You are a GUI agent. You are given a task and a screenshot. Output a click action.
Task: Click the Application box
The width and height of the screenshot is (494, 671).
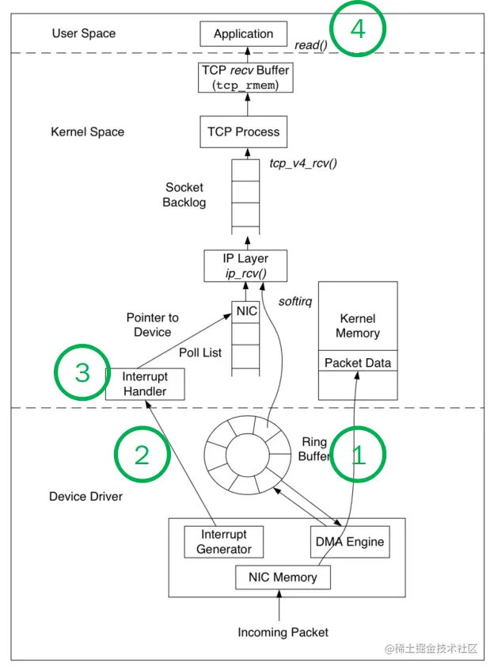tap(243, 34)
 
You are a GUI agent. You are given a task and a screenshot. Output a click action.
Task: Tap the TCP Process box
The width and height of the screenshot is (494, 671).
tap(243, 132)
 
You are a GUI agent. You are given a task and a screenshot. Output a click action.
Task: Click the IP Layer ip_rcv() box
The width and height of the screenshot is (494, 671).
tap(246, 265)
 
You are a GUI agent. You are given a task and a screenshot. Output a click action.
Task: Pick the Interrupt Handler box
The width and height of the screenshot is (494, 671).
tap(144, 383)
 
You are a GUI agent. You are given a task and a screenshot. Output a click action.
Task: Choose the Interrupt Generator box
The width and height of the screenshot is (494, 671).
tap(224, 542)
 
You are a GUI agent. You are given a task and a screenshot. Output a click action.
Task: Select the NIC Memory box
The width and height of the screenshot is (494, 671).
tap(283, 578)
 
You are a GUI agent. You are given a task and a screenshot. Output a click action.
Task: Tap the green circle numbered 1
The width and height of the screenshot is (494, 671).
tap(358, 454)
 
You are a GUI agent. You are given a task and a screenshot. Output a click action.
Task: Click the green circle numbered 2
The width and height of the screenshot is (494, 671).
tap(142, 455)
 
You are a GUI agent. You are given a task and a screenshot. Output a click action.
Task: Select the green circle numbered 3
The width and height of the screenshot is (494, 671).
tap(82, 372)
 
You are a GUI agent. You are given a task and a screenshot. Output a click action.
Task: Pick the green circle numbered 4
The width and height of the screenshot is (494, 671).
tap(358, 29)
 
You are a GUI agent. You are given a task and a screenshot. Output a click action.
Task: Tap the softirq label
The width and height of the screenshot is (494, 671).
tap(297, 301)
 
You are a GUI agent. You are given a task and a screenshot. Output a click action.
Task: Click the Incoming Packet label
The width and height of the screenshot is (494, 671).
tap(283, 632)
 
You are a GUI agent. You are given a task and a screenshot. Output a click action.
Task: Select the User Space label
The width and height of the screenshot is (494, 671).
tap(83, 33)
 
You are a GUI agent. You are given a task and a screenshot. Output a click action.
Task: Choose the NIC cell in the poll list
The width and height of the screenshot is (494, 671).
tap(247, 311)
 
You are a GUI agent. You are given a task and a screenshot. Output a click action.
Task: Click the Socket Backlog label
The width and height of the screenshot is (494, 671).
tap(184, 195)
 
